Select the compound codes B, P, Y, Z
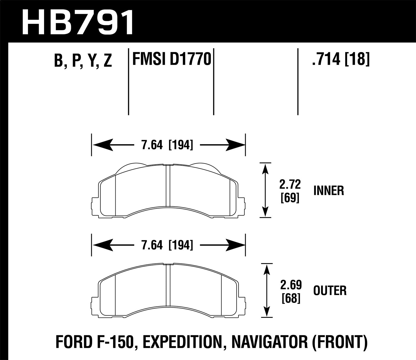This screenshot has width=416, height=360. click(83, 60)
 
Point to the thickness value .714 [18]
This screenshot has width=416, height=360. click(341, 59)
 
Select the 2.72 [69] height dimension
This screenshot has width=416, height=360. click(290, 191)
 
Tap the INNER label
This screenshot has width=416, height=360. click(329, 191)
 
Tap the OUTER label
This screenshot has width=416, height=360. click(330, 291)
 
